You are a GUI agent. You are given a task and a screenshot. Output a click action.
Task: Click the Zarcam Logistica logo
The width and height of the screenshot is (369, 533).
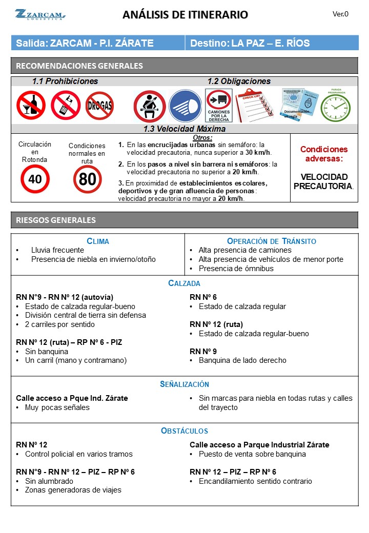click(x=39, y=14)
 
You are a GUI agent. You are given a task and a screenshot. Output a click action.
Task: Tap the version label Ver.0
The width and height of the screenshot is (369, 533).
click(x=340, y=14)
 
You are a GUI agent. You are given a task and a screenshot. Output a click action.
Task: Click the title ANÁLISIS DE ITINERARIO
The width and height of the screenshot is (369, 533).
click(x=185, y=15)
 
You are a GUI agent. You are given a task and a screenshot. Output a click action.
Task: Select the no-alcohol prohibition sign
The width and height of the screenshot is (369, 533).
click(x=31, y=105)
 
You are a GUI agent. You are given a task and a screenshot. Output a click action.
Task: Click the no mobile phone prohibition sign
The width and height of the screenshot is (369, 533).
click(x=65, y=105)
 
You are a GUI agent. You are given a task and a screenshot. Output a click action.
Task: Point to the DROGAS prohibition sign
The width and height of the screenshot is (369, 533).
click(x=99, y=106)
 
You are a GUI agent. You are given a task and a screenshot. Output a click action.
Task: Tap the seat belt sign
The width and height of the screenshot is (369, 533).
click(x=149, y=106)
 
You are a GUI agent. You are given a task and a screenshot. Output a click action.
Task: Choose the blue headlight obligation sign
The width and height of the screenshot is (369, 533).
click(x=185, y=106)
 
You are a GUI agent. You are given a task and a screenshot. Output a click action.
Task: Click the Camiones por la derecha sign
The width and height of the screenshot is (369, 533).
click(x=219, y=106)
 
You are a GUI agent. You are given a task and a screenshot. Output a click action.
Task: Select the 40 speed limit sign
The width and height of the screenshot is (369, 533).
click(x=35, y=179)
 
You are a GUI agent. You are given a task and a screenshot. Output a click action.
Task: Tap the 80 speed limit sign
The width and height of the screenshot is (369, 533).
click(x=87, y=179)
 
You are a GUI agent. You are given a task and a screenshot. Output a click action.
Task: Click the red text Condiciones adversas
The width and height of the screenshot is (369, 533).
click(x=323, y=154)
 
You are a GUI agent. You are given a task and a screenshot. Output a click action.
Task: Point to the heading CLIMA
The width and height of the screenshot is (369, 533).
click(x=98, y=241)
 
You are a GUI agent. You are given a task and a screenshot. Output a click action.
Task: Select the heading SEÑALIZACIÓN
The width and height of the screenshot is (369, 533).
click(x=184, y=384)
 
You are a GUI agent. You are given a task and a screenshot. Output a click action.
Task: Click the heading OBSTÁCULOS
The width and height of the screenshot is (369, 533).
click(x=184, y=431)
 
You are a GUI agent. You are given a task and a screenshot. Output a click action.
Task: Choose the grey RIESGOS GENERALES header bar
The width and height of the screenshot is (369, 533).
click(x=184, y=220)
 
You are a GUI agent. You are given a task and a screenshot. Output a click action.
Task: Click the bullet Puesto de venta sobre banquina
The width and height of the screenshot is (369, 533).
click(x=252, y=454)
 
